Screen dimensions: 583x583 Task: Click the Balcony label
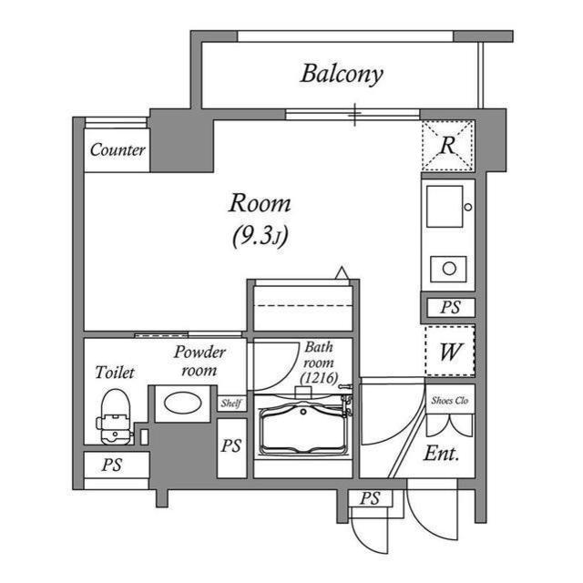pos(342,74)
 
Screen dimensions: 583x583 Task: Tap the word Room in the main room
pos(259,202)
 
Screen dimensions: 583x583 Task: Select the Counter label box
pos(118,150)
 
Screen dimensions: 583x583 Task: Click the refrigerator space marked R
pos(447,145)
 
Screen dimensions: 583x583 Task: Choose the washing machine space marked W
pos(449,351)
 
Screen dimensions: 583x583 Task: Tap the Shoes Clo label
pos(449,399)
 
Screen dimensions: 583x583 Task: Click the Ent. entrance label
pos(442,453)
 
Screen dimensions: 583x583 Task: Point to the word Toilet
pos(115,373)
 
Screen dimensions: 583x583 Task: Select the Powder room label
pos(199,361)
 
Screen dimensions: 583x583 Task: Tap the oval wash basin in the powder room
pos(182,403)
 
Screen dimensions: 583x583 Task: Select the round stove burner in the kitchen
pos(447,268)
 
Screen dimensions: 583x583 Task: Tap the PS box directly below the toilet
pos(112,465)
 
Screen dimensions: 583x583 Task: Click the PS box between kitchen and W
pos(449,307)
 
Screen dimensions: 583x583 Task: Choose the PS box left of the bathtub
pos(231,446)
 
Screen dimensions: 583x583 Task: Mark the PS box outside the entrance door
pos(369,498)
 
